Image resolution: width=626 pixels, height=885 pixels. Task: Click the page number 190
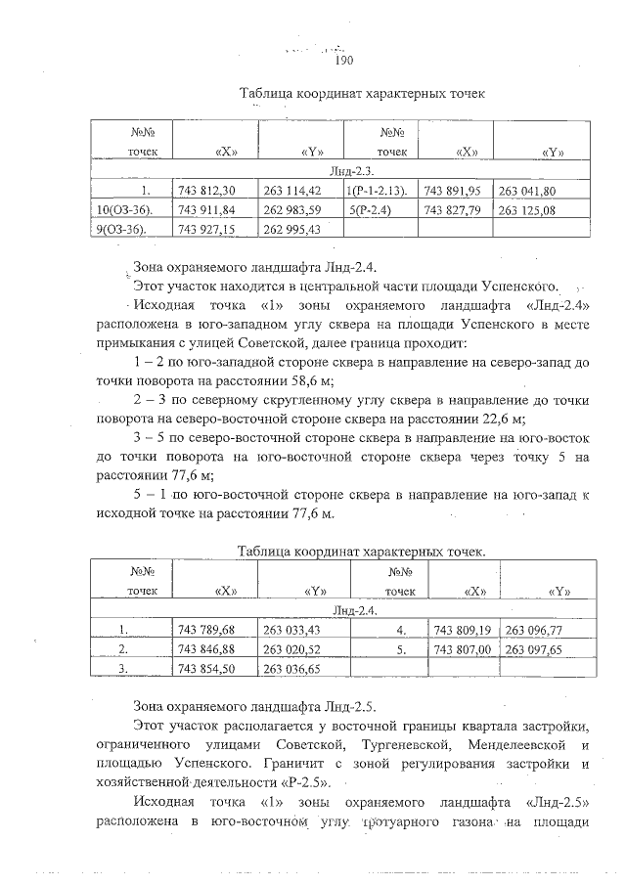coord(343,61)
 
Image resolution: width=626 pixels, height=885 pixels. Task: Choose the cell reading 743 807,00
coord(459,649)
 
